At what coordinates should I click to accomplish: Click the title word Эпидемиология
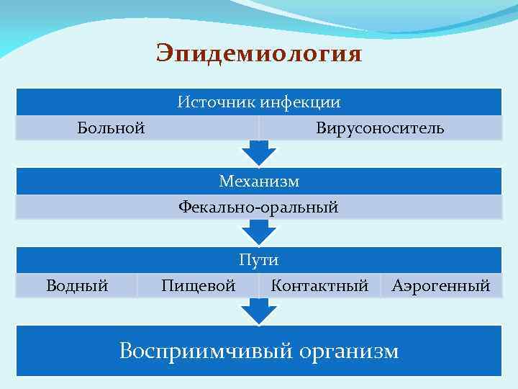[x=259, y=54]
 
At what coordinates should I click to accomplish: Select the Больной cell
[x=111, y=128]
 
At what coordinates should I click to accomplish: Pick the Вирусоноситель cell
[x=380, y=128]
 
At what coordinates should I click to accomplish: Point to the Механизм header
[x=259, y=181]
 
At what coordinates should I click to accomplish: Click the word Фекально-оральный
[x=259, y=207]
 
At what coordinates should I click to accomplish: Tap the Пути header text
[x=259, y=260]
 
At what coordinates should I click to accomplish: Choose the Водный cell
[x=77, y=286]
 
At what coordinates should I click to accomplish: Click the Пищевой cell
[x=198, y=286]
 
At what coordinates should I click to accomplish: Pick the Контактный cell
[x=319, y=286]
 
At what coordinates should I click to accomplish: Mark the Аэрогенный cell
[x=441, y=286]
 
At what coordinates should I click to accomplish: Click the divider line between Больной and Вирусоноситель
[x=259, y=128]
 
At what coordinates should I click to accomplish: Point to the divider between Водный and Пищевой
[x=137, y=286]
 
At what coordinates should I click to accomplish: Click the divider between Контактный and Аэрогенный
[x=381, y=286]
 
